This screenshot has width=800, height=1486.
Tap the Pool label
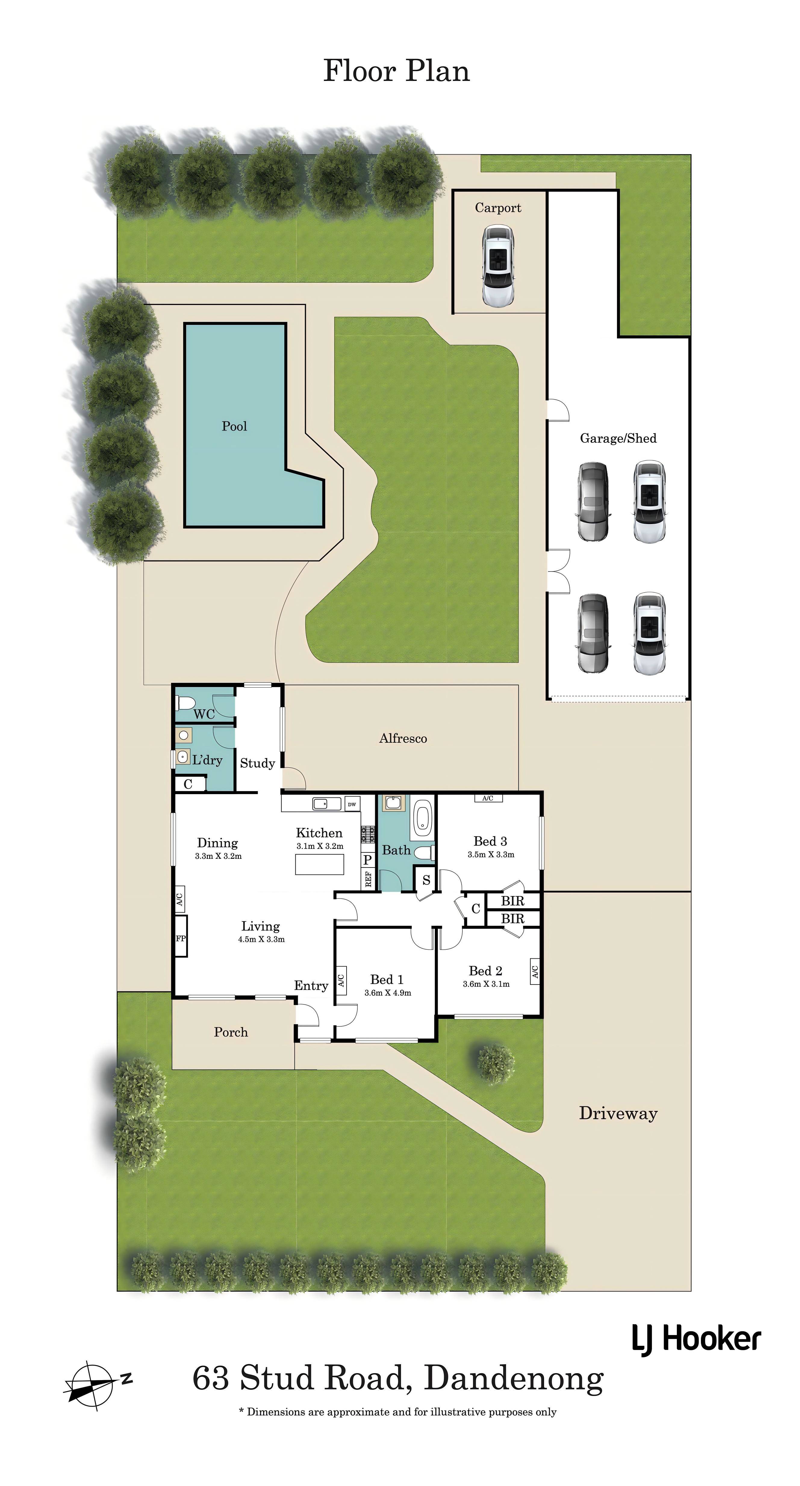(x=234, y=426)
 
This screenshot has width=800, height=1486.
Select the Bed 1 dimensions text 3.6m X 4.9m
(x=388, y=993)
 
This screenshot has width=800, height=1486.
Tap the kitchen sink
(x=327, y=803)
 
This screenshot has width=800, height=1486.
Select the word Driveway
(x=618, y=1113)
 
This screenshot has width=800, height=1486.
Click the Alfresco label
(x=403, y=738)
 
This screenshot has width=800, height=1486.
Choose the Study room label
(x=257, y=763)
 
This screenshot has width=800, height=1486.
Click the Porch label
(x=231, y=1032)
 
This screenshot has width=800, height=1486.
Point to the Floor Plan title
(x=397, y=71)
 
